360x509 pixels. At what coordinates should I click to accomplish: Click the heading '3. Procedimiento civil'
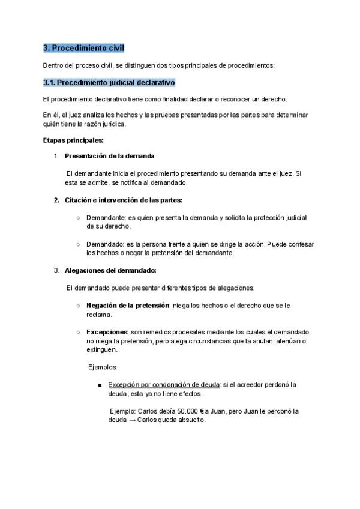coord(84,48)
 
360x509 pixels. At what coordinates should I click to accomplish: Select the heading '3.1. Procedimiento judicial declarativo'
coord(109,82)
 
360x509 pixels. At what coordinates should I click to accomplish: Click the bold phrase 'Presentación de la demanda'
coord(110,156)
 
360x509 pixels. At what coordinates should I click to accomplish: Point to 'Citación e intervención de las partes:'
coord(124,200)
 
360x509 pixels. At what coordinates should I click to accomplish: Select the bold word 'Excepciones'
coord(107,332)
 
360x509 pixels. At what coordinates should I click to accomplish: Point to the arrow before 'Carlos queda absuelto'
coord(130,420)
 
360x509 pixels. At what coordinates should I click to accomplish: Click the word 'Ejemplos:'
coord(103,367)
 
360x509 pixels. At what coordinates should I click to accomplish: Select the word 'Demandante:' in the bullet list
coord(104,218)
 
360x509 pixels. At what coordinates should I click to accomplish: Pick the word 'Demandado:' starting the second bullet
coord(103,244)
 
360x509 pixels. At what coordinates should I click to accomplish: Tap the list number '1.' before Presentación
coord(56,156)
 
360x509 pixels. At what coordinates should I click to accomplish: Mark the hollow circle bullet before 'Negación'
coord(78,306)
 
